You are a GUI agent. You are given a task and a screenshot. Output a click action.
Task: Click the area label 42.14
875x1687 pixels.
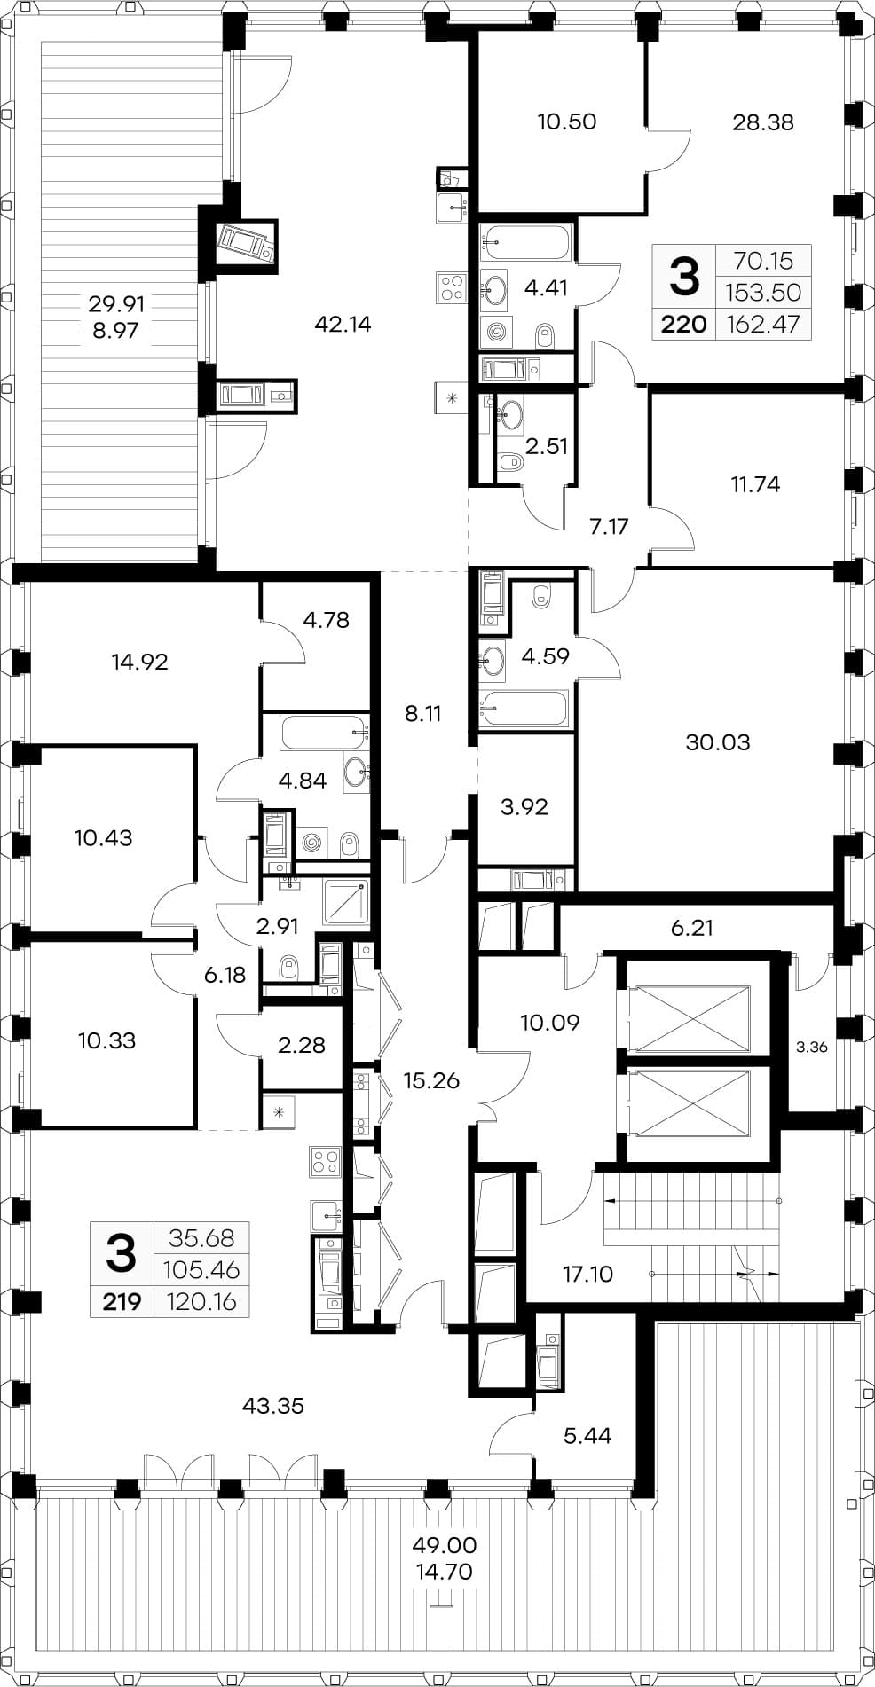click(x=343, y=325)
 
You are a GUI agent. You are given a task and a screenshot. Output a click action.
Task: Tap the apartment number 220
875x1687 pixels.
click(x=684, y=325)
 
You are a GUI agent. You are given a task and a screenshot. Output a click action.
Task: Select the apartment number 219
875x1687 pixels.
click(x=122, y=1302)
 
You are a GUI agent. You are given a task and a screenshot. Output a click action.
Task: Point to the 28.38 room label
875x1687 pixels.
click(x=763, y=122)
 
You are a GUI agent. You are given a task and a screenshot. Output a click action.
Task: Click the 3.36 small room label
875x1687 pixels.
click(x=811, y=1047)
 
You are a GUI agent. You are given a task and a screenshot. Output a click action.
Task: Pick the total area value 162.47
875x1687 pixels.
click(x=763, y=325)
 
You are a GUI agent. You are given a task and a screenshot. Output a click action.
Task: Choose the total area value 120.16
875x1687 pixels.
click(x=201, y=1302)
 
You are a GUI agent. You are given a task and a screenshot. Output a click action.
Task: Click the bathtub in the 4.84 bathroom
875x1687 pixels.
click(x=324, y=733)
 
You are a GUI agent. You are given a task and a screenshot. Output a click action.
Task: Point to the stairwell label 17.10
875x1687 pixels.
click(x=587, y=1275)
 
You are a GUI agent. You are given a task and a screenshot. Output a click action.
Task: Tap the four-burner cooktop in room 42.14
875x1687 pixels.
click(x=450, y=286)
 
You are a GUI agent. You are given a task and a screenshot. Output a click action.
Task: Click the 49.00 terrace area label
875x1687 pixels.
click(x=445, y=1545)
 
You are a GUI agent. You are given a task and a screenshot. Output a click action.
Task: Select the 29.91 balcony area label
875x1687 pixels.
click(x=116, y=304)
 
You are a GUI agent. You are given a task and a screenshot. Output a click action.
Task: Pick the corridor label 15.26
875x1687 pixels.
click(x=431, y=1080)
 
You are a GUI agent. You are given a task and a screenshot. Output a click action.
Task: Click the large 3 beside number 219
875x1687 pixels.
click(x=122, y=1252)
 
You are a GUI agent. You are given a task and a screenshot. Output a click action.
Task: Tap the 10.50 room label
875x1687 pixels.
click(x=567, y=122)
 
